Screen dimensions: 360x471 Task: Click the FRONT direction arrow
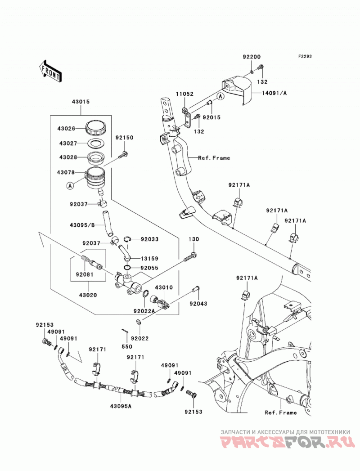coord(50,72)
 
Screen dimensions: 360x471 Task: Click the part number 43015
coord(81,102)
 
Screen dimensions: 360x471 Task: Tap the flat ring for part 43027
coord(96,144)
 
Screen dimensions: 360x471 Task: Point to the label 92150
coord(124,138)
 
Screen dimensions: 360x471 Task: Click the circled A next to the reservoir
coord(70,186)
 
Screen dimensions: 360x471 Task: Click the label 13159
coord(149,258)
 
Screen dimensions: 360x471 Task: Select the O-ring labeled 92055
coord(127,268)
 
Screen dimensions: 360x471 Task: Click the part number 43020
coord(88,295)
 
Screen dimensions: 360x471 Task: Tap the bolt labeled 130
coord(190,258)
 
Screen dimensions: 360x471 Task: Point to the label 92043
coord(198,304)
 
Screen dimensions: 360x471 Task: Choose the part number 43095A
coord(121,406)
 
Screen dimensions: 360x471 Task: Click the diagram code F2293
coord(305,56)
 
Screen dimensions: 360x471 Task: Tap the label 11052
coord(185,94)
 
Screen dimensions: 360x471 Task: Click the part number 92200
coord(252,57)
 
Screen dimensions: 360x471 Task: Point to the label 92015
coord(211,117)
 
